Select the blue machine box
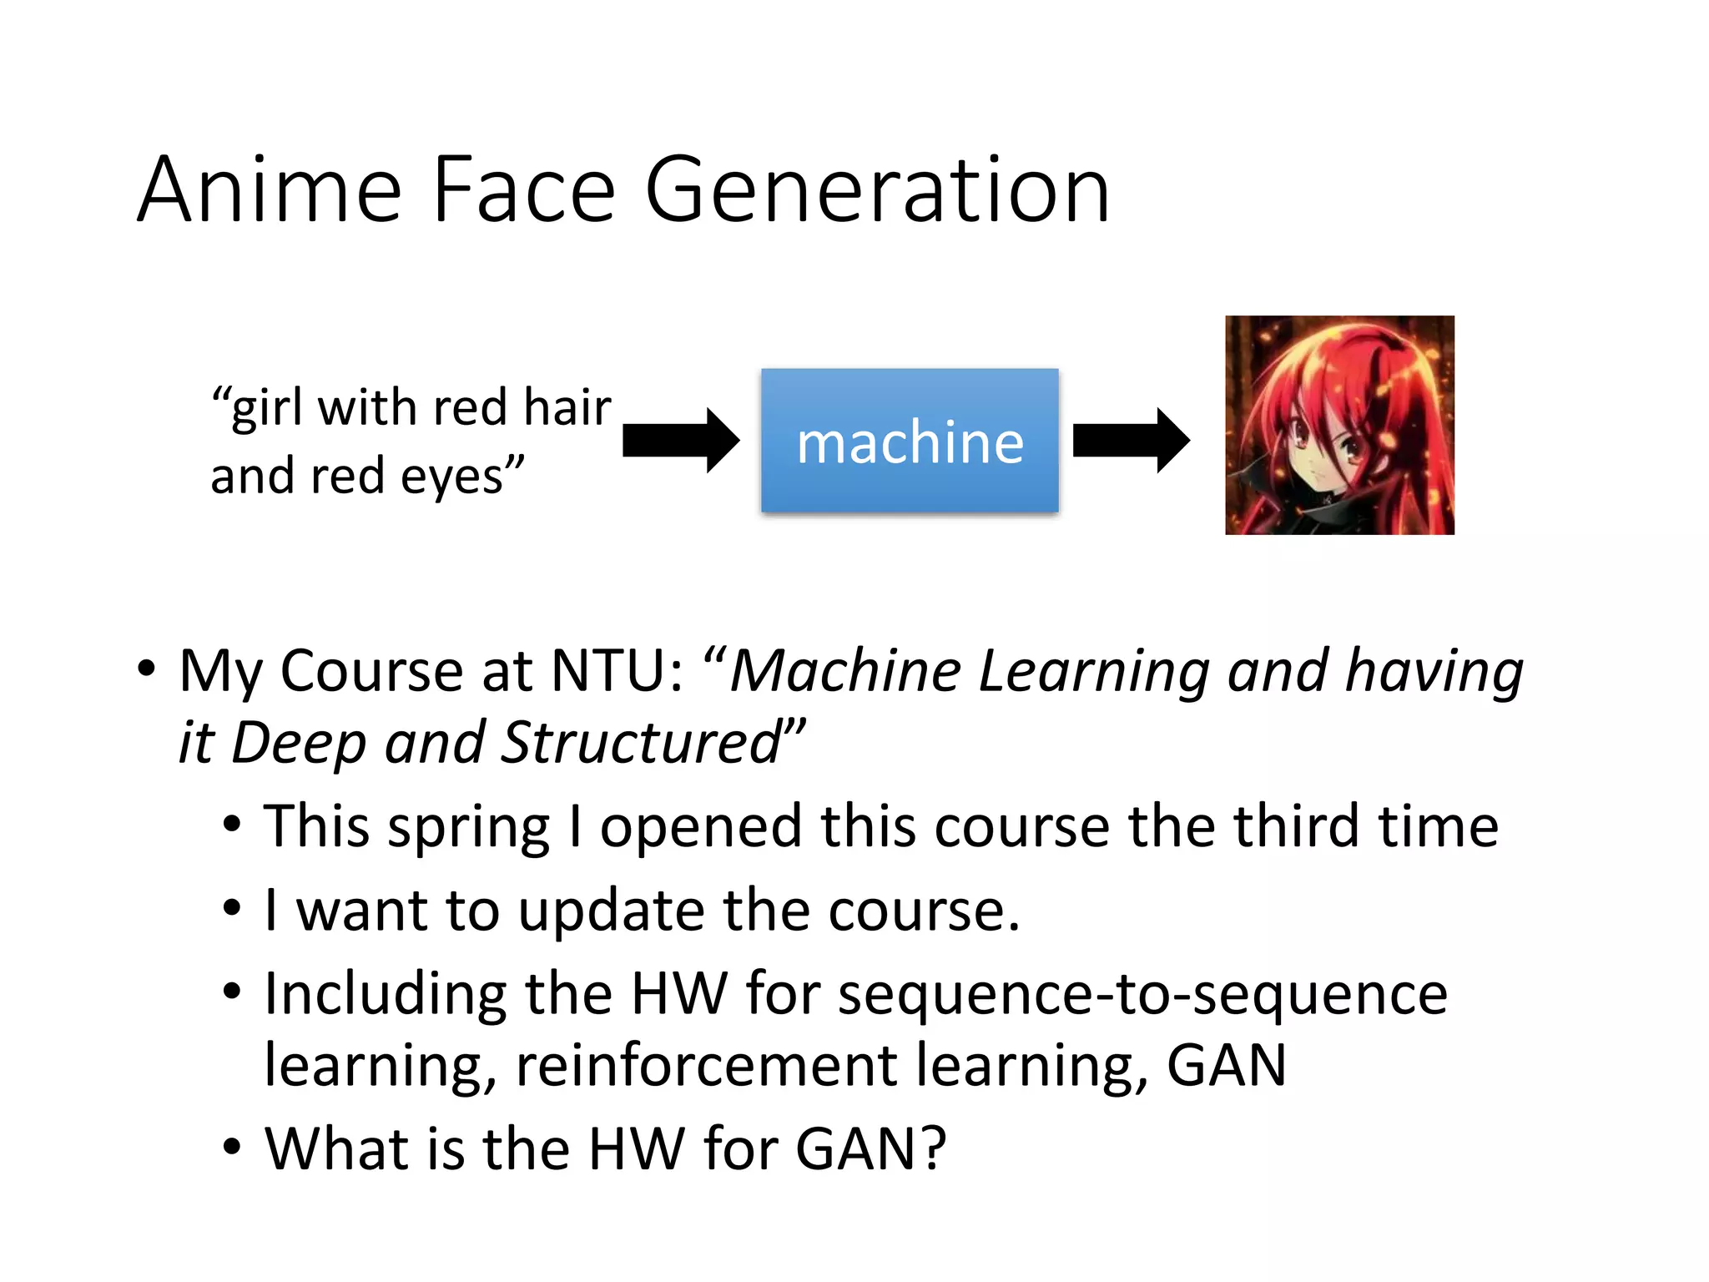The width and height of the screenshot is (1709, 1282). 910,440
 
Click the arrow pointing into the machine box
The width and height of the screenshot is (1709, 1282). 680,440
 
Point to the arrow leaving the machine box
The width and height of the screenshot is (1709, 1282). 1131,440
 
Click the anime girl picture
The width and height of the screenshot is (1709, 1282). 1339,425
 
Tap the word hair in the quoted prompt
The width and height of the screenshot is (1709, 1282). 567,408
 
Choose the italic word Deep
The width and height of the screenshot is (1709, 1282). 298,742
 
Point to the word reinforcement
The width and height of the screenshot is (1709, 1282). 706,1066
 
